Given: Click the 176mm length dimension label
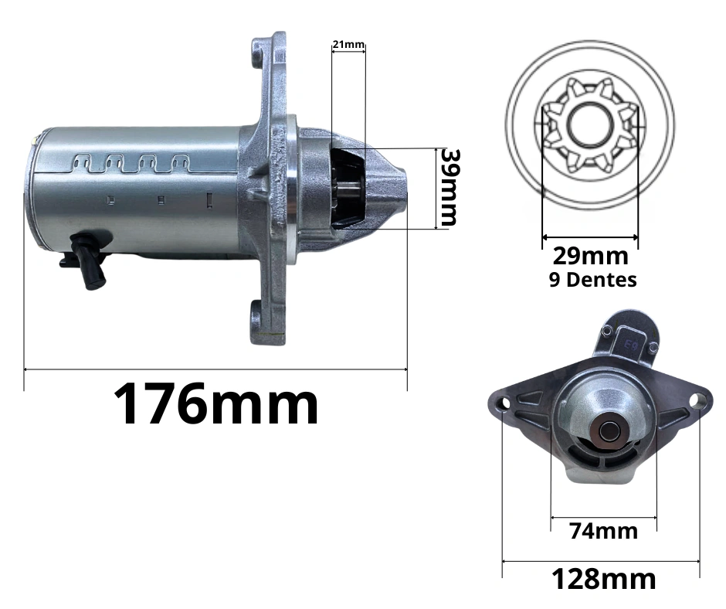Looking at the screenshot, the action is pyautogui.click(x=215, y=403).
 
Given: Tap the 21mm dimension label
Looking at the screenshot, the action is pyautogui.click(x=348, y=45).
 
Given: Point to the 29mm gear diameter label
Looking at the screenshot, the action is pyautogui.click(x=590, y=256).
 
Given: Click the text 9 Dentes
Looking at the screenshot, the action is pyautogui.click(x=592, y=280).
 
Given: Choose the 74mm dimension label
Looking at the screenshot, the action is pyautogui.click(x=603, y=531).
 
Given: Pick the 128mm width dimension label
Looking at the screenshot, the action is pyautogui.click(x=604, y=579).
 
